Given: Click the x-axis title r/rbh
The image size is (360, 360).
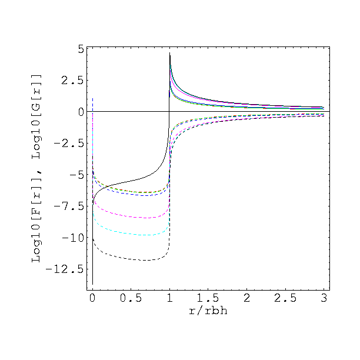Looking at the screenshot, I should [208, 311].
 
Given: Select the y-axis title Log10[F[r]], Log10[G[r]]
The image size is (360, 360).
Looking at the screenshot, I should [36, 168].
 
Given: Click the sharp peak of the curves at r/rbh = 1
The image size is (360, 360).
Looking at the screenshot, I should [170, 54].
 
